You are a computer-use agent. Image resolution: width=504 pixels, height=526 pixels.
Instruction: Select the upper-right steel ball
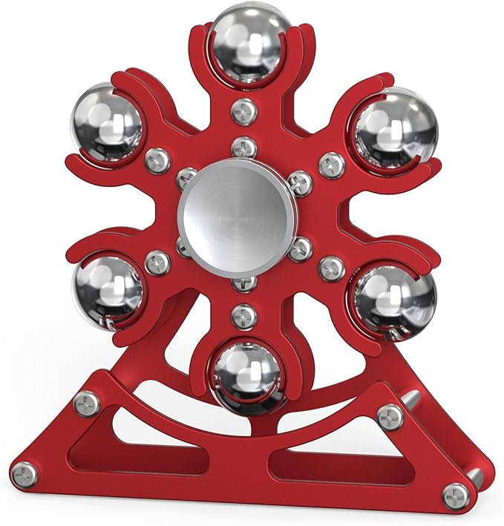point(384,123)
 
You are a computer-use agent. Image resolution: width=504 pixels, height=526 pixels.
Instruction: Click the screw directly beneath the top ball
point(243,111)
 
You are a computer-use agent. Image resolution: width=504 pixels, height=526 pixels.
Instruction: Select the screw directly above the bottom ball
point(243,316)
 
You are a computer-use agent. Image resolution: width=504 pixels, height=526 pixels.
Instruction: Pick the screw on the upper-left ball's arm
point(157,160)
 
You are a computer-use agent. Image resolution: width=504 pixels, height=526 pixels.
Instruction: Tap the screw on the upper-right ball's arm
point(332,164)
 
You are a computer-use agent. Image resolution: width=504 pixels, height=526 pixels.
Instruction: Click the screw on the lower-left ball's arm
point(157,262)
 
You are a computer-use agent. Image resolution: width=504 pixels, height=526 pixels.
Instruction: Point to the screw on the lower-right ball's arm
point(331,268)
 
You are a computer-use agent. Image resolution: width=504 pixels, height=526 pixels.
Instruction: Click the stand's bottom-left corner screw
point(24,473)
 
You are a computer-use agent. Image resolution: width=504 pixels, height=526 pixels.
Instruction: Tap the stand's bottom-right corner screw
point(455,495)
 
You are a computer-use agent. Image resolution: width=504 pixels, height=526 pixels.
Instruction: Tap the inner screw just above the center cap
point(243,148)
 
